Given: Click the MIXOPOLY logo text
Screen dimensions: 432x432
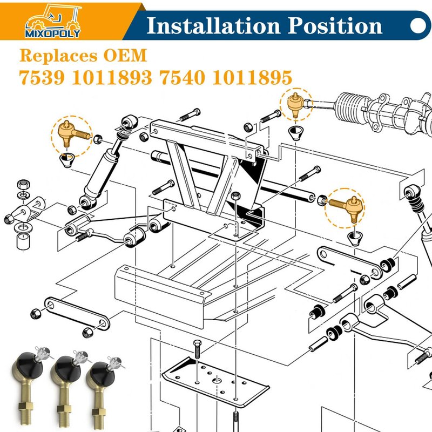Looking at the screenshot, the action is click(x=52, y=34).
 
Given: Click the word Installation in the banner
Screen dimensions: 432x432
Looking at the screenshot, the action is click(x=213, y=25).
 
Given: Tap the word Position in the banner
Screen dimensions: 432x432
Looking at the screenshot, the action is click(x=335, y=25).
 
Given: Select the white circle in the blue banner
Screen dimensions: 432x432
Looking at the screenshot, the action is click(x=418, y=25).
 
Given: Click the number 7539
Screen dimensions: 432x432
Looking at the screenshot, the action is click(x=42, y=77).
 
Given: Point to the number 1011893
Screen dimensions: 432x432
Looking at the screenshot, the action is click(x=112, y=77).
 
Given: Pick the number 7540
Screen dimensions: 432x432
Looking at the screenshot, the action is click(x=183, y=77).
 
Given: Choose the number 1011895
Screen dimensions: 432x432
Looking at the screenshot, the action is click(x=252, y=77).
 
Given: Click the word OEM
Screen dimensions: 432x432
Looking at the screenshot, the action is click(x=125, y=56).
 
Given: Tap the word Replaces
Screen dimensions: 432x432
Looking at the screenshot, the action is click(x=58, y=56).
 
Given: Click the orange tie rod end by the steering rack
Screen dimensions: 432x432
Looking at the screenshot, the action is click(x=295, y=105).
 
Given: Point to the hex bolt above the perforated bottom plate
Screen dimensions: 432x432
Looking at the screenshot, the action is click(x=197, y=349).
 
